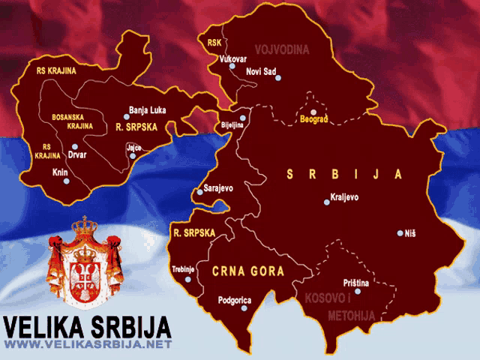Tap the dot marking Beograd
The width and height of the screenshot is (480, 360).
(313, 112)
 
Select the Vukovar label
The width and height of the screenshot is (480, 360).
(232, 58)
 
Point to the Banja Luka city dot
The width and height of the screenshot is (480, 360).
(126, 117)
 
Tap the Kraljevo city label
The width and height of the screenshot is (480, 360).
(345, 198)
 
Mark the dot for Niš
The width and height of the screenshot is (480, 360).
(400, 233)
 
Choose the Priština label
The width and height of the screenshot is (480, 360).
(355, 283)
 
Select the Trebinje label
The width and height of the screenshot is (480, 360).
(183, 268)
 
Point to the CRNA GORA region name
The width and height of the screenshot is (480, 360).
(248, 271)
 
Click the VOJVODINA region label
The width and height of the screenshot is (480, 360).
(282, 49)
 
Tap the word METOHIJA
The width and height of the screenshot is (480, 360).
(351, 316)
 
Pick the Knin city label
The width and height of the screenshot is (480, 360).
(59, 172)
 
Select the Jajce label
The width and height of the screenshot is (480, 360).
(134, 148)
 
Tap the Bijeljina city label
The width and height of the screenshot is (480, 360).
(232, 125)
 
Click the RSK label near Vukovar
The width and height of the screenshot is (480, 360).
(214, 43)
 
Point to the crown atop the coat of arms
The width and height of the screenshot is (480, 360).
(85, 225)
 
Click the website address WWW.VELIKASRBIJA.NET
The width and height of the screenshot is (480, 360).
(88, 344)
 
